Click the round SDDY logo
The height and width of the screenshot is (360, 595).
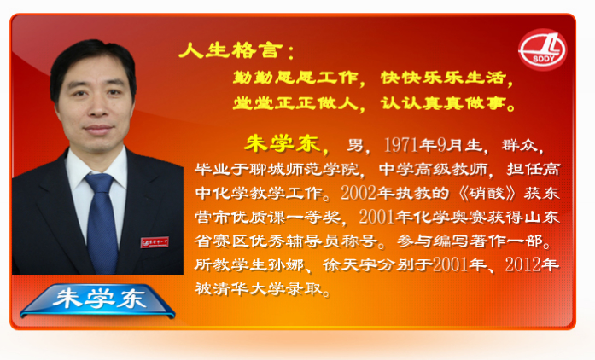pyautogui.click(x=543, y=49)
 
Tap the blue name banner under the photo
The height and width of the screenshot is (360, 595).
pyautogui.click(x=98, y=300)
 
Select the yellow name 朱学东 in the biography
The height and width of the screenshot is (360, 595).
pyautogui.click(x=282, y=144)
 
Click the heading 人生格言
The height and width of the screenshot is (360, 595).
pyautogui.click(x=230, y=50)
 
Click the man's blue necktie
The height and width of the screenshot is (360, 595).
pyautogui.click(x=102, y=223)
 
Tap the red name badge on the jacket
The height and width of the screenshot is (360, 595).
pyautogui.click(x=155, y=242)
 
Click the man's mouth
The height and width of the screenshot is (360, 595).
pyautogui.click(x=98, y=129)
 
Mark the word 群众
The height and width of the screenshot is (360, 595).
pyautogui.click(x=520, y=145)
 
